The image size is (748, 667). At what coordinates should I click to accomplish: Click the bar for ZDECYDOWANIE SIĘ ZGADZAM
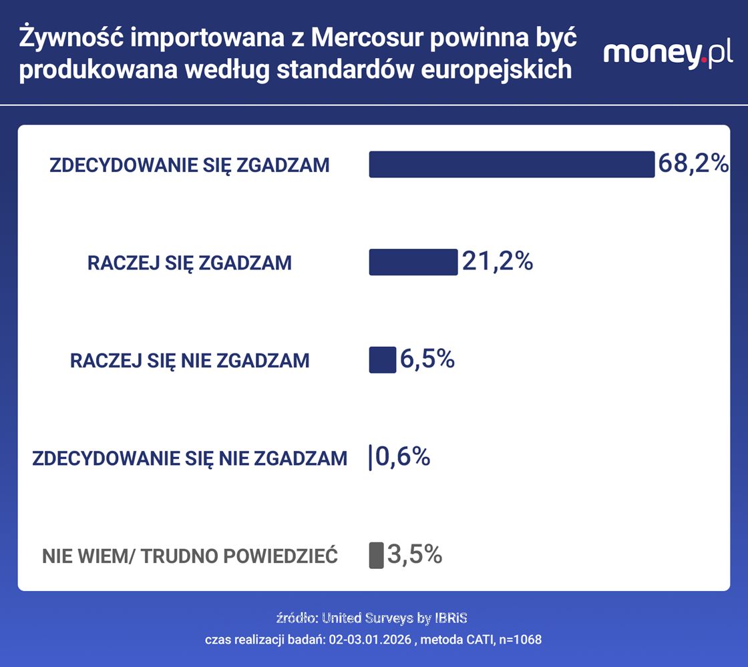(512, 164)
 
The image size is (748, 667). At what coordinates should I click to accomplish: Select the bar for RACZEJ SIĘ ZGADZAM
(413, 262)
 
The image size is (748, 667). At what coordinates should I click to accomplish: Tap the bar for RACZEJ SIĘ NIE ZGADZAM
(383, 360)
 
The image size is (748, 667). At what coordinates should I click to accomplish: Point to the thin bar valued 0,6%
(370, 458)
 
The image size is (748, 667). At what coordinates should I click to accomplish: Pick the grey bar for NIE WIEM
(377, 555)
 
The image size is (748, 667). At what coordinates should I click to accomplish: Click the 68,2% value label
(694, 163)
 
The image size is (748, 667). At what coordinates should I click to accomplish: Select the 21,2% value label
(498, 261)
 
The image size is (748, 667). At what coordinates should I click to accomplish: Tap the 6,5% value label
(427, 359)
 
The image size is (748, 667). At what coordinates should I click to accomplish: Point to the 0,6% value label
(403, 457)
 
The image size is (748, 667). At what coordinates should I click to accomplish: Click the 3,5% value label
(415, 554)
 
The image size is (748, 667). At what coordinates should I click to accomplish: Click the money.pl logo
(668, 54)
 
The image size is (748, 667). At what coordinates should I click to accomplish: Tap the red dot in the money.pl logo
(704, 61)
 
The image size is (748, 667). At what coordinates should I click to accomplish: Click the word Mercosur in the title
(367, 38)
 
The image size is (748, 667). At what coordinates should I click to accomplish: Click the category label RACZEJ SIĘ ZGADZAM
(190, 263)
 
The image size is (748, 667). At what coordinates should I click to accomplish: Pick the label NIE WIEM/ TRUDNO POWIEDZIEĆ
(190, 556)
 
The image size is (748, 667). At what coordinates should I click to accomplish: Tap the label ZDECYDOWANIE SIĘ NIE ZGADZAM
(190, 458)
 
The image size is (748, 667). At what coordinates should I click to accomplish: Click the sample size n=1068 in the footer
(520, 640)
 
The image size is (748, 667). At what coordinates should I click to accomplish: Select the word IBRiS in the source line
(451, 618)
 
